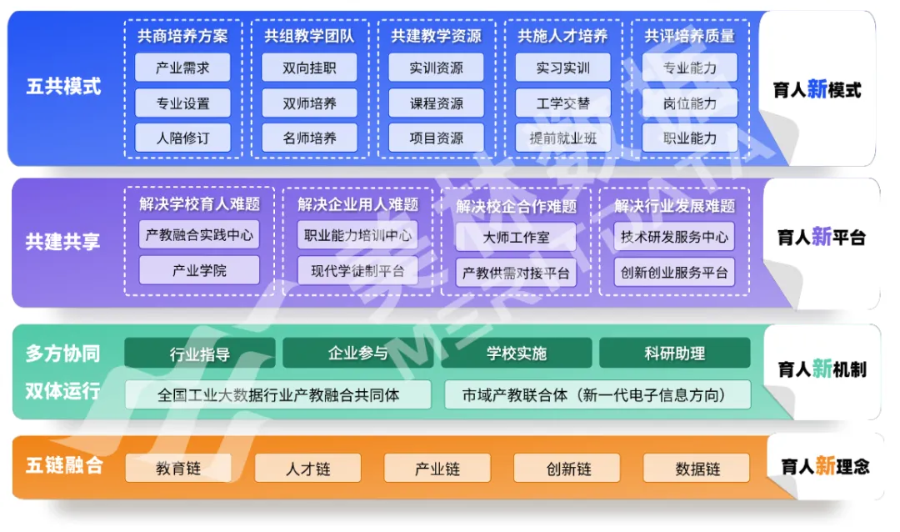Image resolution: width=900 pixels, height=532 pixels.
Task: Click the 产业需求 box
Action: tap(182, 68)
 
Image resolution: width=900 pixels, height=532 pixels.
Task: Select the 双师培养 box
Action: tap(309, 103)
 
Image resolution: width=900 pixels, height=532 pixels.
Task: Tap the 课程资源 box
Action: tap(436, 103)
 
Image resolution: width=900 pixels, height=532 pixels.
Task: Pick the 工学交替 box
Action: tap(562, 103)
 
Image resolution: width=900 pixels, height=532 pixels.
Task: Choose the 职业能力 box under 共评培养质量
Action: tap(689, 138)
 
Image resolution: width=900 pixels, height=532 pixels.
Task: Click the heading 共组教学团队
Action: tap(309, 36)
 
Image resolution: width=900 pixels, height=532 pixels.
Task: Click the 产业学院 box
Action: tap(199, 271)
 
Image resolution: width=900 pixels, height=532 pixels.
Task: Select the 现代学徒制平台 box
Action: tap(357, 271)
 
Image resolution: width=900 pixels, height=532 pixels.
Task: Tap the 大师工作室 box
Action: tap(516, 237)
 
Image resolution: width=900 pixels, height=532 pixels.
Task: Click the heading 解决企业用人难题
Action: tap(357, 204)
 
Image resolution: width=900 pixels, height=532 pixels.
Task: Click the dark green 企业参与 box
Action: tap(357, 353)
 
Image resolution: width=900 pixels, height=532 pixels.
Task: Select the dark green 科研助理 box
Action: tap(674, 353)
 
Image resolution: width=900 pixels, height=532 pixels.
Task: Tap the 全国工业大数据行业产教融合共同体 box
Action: tap(278, 394)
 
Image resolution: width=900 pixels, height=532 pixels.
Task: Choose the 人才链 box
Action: tap(307, 469)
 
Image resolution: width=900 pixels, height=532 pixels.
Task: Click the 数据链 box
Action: tap(697, 469)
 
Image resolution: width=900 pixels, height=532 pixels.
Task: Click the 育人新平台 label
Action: tap(821, 238)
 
